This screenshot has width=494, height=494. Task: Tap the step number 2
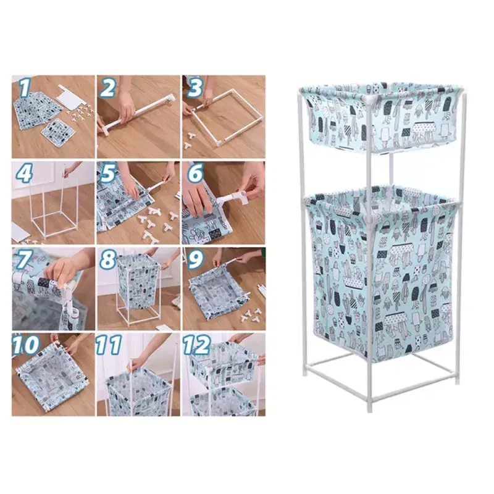pyautogui.click(x=108, y=88)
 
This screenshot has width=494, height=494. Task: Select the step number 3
pyautogui.click(x=195, y=88)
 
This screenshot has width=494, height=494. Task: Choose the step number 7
pyautogui.click(x=23, y=259)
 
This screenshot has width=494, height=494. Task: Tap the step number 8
pyautogui.click(x=108, y=259)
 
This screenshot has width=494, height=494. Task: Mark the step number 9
pyautogui.click(x=195, y=259)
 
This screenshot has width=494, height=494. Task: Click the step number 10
pyautogui.click(x=26, y=345)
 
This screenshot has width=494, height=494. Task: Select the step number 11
pyautogui.click(x=109, y=345)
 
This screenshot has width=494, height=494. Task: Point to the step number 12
pyautogui.click(x=197, y=345)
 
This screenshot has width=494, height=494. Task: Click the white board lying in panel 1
pyautogui.click(x=72, y=100)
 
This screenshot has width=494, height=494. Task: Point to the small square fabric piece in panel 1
pyautogui.click(x=58, y=130)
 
